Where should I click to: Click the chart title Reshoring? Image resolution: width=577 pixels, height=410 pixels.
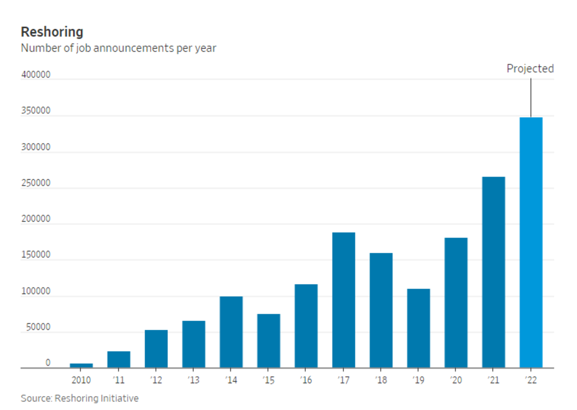52,32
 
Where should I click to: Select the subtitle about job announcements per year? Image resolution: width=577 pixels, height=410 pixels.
118,48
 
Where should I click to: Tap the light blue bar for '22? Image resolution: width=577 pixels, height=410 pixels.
531,243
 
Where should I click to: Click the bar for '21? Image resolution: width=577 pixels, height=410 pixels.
493,273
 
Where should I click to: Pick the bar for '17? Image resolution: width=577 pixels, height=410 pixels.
343,300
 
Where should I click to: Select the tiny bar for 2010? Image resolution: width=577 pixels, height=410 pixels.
81,366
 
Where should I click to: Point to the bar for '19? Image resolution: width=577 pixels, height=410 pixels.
418,328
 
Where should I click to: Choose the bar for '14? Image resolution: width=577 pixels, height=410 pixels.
231,332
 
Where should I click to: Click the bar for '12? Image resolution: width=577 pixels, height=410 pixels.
156,349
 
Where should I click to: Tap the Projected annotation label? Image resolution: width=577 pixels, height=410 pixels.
530,69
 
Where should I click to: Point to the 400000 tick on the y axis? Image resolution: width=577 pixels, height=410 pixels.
36,76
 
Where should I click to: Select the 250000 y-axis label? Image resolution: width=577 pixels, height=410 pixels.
36,184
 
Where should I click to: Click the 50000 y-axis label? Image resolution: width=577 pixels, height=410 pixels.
36,327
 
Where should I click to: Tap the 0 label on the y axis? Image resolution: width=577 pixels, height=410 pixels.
48,363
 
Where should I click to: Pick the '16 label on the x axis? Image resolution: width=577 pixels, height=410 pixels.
306,381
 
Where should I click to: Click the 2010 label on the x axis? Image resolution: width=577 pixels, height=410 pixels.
81,381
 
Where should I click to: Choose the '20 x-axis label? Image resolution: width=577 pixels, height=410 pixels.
456,381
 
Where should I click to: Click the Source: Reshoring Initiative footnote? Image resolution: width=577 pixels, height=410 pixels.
79,398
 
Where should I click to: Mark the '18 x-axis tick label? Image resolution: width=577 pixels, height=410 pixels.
381,381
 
